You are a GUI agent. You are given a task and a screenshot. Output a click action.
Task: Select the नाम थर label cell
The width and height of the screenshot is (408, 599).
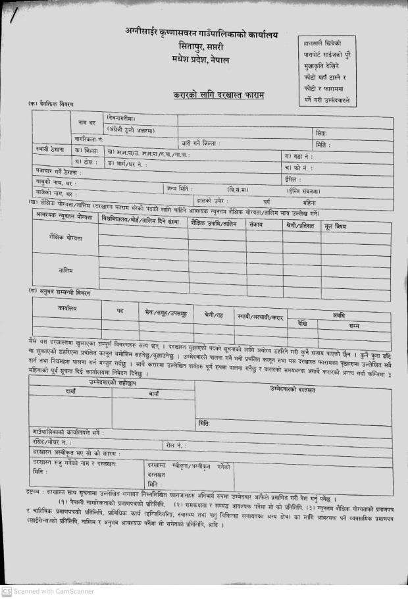click(87, 123)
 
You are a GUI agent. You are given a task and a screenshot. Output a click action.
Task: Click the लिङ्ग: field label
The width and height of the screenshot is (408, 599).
click(321, 132)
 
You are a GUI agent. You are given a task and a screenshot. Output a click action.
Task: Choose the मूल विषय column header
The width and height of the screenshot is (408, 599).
click(335, 226)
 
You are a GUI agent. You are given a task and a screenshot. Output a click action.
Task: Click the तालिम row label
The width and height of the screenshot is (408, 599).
click(66, 269)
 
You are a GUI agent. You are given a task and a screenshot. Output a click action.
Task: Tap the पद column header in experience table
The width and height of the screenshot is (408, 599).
click(120, 309)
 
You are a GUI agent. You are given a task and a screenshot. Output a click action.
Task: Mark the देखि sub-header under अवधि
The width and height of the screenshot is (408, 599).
click(302, 324)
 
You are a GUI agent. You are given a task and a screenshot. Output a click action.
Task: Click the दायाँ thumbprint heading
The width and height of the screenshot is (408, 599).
click(70, 391)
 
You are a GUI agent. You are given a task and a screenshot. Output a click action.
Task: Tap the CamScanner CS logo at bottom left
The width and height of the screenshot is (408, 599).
click(7, 592)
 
